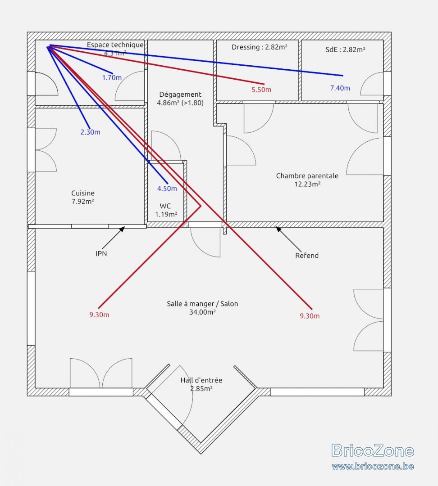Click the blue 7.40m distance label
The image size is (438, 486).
(340, 88)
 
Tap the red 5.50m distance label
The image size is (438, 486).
(261, 90)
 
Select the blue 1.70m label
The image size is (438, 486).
(112, 77)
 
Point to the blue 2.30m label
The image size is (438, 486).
(90, 132)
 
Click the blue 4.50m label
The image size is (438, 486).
(167, 189)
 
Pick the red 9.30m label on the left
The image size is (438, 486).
(99, 315)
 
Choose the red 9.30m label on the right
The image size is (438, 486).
(310, 316)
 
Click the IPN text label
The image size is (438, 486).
(101, 253)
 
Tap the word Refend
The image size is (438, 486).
(307, 256)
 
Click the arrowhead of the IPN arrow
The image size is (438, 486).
(123, 229)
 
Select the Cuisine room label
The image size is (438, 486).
(83, 197)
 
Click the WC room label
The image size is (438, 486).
(166, 210)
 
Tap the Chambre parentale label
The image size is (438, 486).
(307, 180)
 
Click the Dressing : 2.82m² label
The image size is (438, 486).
(260, 47)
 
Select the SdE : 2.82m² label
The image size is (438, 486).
(345, 49)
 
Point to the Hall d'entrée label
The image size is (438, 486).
(201, 384)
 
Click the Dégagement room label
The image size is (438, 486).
(180, 99)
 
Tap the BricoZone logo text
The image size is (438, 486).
(373, 450)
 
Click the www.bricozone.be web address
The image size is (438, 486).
(373, 466)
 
